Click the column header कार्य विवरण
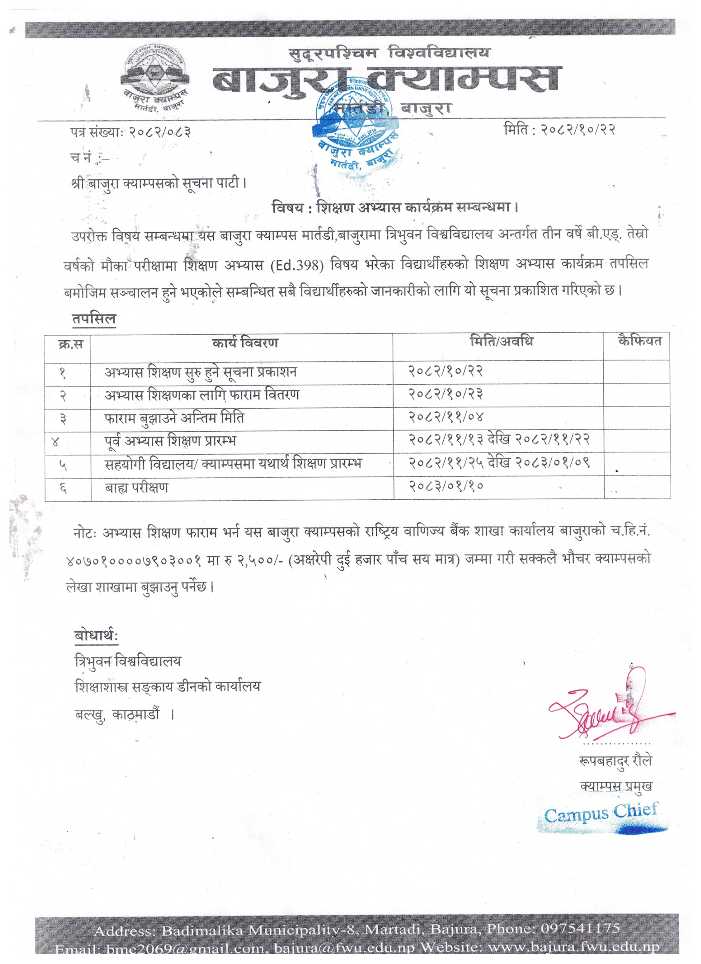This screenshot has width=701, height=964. pos(245,343)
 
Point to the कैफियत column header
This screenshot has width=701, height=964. pos(640,341)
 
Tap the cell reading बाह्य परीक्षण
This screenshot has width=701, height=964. pos(136,487)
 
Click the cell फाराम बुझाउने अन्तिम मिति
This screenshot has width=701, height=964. pos(174,418)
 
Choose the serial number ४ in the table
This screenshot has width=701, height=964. pos(55,442)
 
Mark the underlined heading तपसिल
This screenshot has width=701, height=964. pos(94,319)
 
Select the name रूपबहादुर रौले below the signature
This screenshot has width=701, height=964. pos(615,760)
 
